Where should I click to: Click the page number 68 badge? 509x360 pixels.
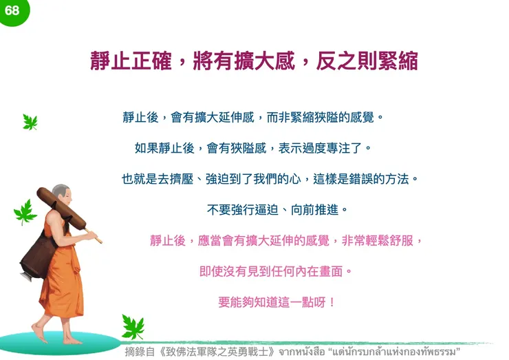(12, 10)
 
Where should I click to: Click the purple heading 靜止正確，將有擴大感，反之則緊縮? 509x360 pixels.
(254, 61)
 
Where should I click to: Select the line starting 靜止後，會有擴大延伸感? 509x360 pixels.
(252, 117)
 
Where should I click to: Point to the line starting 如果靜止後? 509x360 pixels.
(253, 147)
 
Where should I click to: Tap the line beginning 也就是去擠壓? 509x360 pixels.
(270, 178)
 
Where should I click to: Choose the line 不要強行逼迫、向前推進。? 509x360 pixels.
(277, 209)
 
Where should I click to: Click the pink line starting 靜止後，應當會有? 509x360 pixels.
(285, 240)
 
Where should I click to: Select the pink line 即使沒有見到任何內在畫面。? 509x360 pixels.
(276, 271)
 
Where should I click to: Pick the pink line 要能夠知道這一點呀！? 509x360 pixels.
(277, 301)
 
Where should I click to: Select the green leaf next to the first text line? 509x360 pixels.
(30, 122)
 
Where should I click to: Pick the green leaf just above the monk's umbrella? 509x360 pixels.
(25, 212)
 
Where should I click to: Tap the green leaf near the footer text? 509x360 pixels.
(132, 326)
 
